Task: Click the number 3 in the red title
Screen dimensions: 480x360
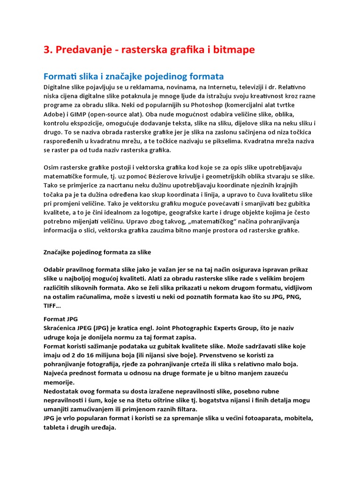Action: [46, 50]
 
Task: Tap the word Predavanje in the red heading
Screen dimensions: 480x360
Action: [83, 50]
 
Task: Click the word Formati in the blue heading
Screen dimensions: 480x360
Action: [60, 76]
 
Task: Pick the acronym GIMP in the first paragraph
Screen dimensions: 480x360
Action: [75, 114]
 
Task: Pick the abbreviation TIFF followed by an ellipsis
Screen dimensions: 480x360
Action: [51, 305]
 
